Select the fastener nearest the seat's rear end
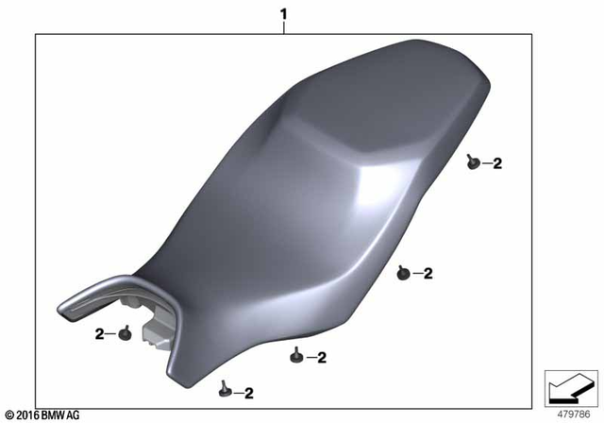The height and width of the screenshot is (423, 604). [x=472, y=163]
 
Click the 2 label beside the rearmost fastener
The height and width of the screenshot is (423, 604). [x=497, y=163]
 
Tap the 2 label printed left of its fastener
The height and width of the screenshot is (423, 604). [x=99, y=334]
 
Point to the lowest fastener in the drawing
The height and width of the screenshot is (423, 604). [x=225, y=386]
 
